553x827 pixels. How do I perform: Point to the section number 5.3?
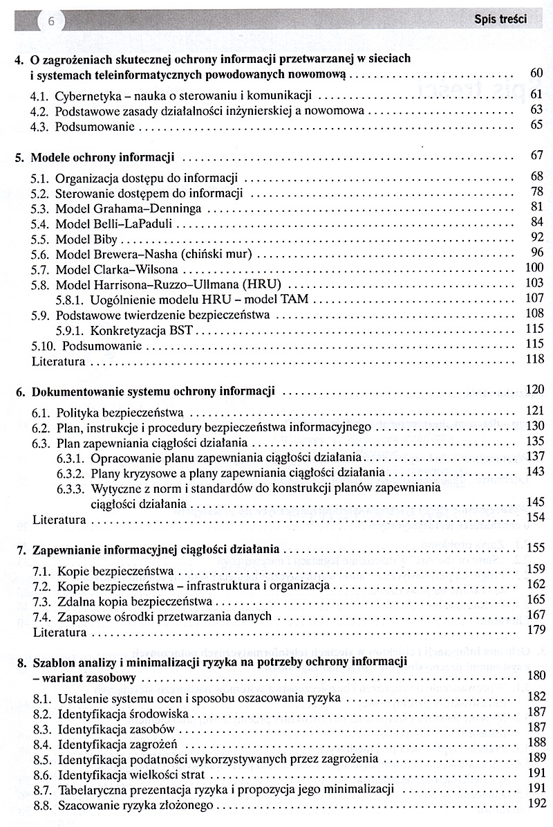[41, 207]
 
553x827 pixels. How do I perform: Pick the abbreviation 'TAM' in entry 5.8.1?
[295, 299]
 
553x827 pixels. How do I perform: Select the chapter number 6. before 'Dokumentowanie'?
[20, 392]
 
